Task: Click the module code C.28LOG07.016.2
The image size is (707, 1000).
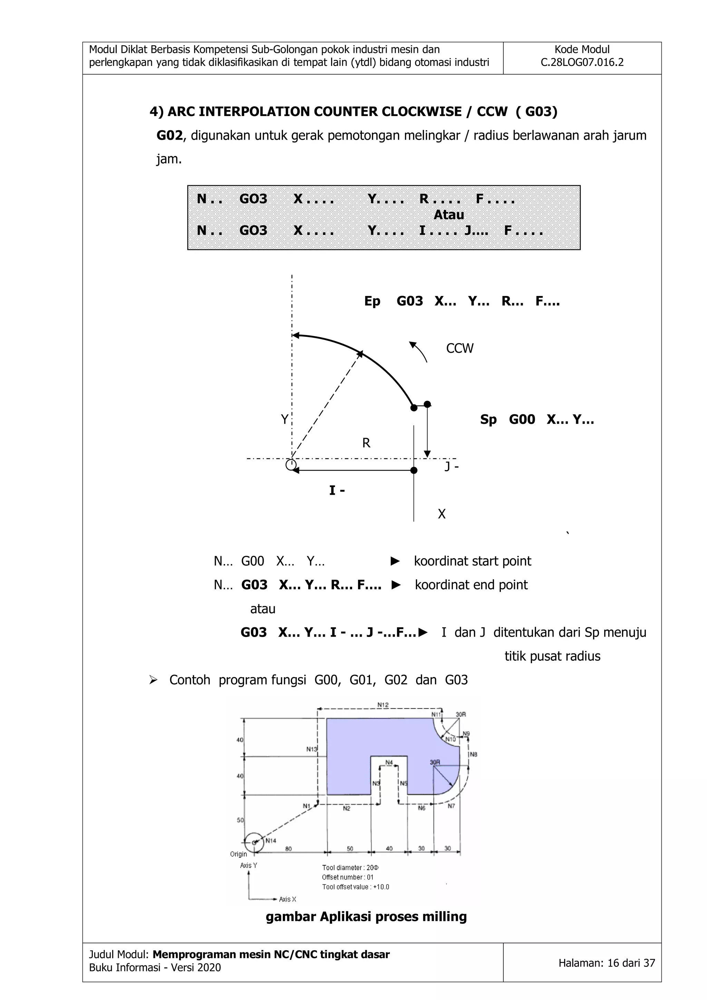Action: [582, 62]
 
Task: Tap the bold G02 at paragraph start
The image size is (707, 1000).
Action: [170, 135]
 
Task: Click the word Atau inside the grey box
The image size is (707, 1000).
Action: [448, 215]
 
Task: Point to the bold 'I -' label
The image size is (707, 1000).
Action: [337, 491]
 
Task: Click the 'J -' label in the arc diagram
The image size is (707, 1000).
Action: [452, 466]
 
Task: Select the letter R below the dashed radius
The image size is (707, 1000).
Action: [366, 443]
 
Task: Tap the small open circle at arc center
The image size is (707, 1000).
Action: [291, 465]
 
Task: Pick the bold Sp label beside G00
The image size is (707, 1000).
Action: [488, 419]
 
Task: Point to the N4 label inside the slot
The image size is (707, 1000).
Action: [389, 762]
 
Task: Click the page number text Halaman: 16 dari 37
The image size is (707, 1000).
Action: [607, 963]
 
